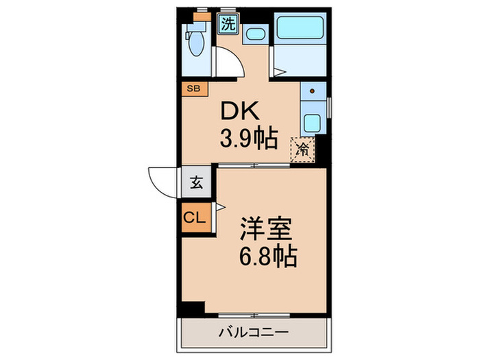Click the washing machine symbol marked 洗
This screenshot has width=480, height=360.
coord(228,23)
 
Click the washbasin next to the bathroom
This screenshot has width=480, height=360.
coord(255,34)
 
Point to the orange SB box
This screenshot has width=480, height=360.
coord(193,88)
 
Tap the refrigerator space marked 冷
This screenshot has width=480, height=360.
coord(302,149)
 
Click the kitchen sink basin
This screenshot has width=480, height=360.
coord(312,123)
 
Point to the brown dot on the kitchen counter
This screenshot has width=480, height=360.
coord(313,90)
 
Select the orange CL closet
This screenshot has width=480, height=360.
coord(193,219)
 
